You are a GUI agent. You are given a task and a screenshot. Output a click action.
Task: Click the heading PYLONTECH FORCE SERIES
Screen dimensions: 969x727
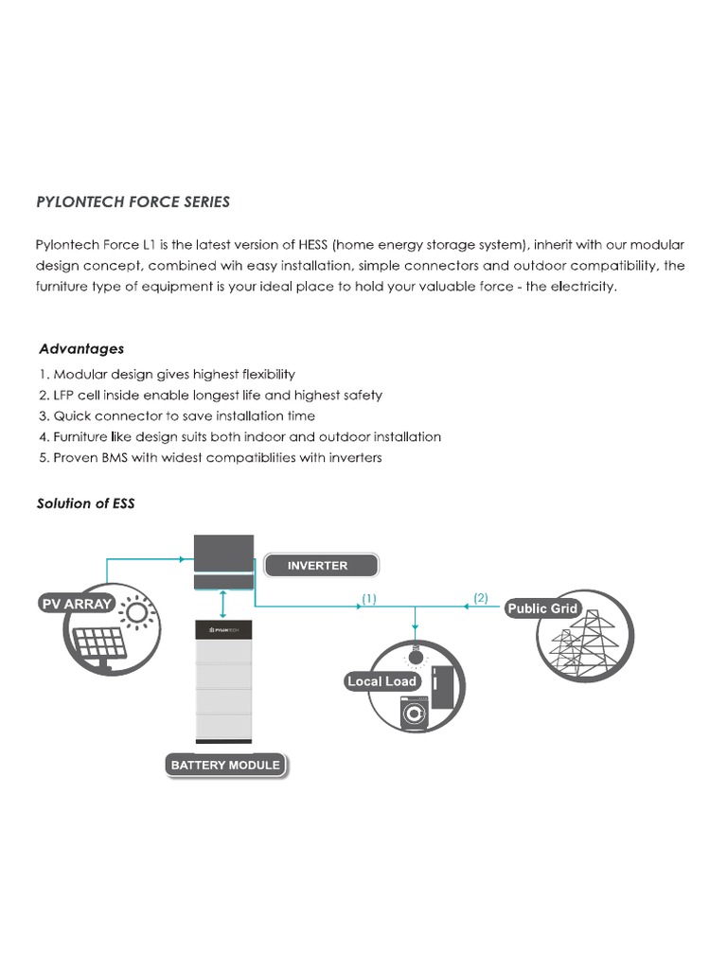tap(133, 202)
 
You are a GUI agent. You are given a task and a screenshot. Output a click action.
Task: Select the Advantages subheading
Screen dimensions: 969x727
tap(81, 349)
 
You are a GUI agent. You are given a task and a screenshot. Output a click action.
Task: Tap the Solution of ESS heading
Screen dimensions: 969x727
tap(86, 503)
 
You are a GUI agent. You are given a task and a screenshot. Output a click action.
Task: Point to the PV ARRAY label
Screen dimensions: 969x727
tap(77, 603)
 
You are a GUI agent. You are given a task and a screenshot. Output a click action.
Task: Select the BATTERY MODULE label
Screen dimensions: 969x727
tap(225, 765)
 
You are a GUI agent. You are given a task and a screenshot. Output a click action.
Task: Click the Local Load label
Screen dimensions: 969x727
tap(382, 681)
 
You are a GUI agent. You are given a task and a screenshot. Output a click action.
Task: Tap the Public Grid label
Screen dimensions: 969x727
tap(542, 608)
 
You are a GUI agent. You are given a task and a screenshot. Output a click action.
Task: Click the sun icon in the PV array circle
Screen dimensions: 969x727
tap(138, 613)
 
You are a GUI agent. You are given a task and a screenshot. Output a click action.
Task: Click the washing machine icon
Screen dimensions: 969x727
tap(414, 712)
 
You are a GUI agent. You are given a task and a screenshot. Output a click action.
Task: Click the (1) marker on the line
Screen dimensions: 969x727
tap(369, 598)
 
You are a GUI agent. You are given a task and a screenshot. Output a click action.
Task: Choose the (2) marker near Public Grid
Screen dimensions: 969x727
tap(481, 597)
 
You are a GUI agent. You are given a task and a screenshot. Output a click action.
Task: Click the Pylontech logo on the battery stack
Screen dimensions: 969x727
tap(223, 627)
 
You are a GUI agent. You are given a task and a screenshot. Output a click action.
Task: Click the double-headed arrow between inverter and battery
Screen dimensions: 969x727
tap(222, 603)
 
